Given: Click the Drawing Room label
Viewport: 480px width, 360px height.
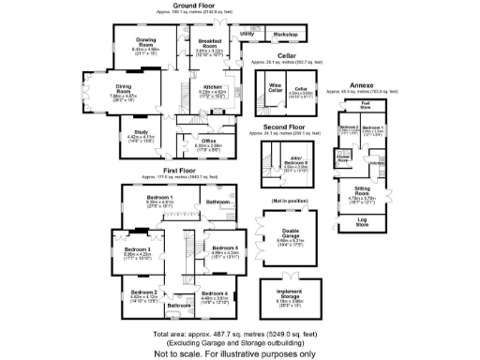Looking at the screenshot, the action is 145,42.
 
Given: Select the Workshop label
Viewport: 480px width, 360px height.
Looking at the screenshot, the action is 285,35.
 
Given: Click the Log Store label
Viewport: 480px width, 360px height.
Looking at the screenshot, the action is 362,224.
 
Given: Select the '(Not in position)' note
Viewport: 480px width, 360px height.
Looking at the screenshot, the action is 289,202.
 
